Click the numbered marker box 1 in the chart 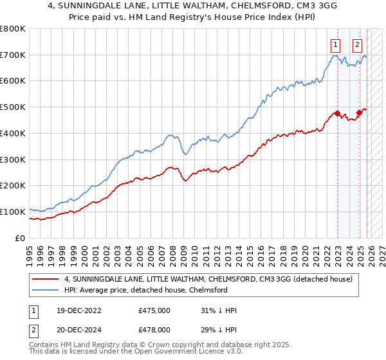coord(336,45)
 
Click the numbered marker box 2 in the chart coord(357,45)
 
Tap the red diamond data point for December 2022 coord(337,114)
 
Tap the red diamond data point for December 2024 coord(359,113)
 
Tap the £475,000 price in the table coord(154,310)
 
